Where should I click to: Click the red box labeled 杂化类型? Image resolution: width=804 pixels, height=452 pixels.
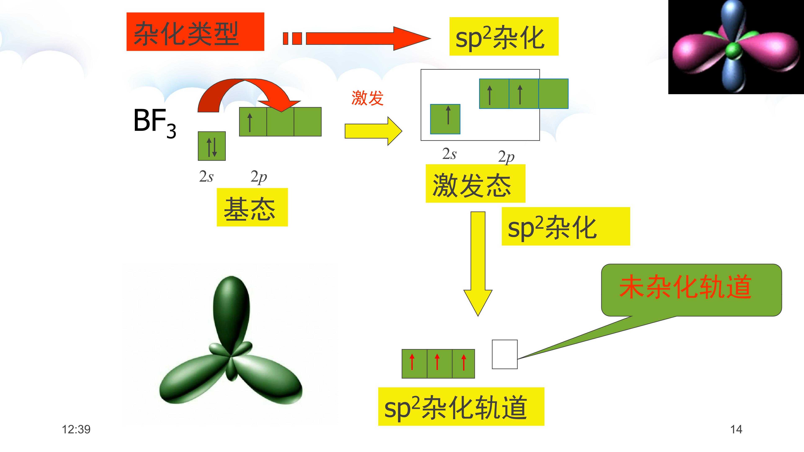195,32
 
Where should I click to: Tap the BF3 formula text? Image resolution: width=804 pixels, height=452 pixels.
155,123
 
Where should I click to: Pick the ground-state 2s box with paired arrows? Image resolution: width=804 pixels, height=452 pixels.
212,146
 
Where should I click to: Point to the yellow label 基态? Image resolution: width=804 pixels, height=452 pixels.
252,207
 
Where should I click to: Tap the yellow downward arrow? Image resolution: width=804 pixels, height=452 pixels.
478,264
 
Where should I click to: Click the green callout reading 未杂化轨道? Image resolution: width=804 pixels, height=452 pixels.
691,290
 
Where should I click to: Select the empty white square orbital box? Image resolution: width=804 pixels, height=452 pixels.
505,354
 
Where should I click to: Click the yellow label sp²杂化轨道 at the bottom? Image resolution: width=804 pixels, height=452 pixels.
461,406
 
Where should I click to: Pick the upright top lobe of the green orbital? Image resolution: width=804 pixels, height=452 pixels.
231,312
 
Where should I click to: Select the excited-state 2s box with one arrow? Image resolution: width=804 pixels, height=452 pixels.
445,119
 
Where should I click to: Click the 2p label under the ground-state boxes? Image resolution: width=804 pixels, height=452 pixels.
259,177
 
